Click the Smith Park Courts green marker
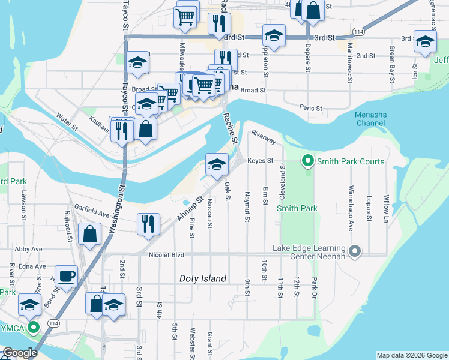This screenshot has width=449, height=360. [x=308, y=161]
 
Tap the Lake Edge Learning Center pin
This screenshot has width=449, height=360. [x=355, y=251]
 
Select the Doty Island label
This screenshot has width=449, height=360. [x=203, y=278]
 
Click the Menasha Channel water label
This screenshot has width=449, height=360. [x=369, y=119]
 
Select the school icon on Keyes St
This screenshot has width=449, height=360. [x=217, y=164]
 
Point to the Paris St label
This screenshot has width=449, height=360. [x=311, y=108]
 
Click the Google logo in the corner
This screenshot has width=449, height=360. [x=19, y=353]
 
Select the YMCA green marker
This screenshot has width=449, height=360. [x=35, y=328]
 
